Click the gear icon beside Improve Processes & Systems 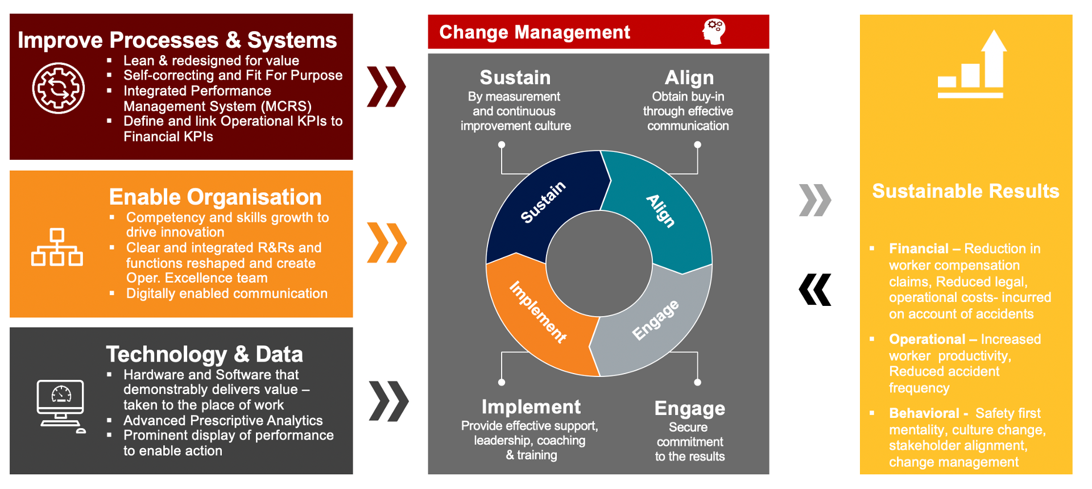point(59,88)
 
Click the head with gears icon point(714,31)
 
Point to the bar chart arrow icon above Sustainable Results point(971,64)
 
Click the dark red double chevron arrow point(387,86)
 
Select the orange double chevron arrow point(387,243)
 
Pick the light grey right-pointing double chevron point(815,200)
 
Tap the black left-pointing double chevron point(815,290)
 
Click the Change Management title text point(535,32)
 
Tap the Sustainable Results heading point(966,191)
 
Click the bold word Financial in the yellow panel point(919,248)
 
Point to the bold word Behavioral point(924,413)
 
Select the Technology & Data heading point(205,354)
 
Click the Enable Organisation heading point(216,197)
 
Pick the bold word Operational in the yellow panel point(927,339)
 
